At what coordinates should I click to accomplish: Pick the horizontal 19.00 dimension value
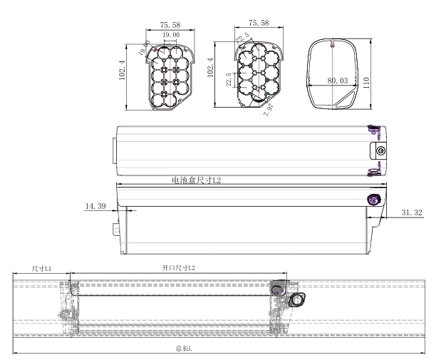click(170, 34)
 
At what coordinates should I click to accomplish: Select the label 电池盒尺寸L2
click(196, 181)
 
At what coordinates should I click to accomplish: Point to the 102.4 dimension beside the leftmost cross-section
click(123, 72)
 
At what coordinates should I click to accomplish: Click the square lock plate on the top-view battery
click(379, 150)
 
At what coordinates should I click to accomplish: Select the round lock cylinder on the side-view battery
click(373, 200)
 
